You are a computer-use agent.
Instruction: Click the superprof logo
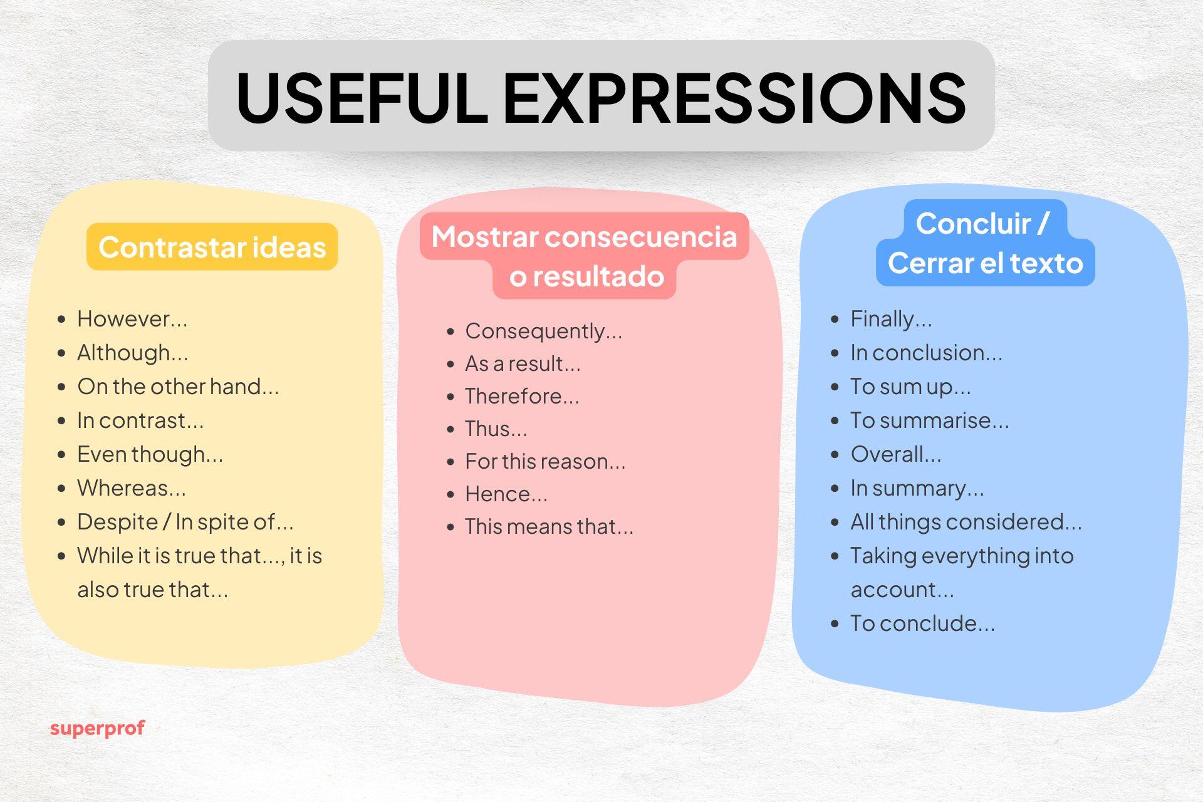(x=97, y=728)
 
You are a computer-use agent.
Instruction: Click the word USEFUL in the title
(x=361, y=98)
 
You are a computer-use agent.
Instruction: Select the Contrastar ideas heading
(x=212, y=247)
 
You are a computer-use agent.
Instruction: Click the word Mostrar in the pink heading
(x=485, y=237)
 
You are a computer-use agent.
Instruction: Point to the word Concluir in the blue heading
(x=973, y=223)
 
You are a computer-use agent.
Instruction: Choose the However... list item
(x=132, y=319)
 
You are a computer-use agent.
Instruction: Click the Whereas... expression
(x=132, y=488)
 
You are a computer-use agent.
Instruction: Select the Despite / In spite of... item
(x=185, y=522)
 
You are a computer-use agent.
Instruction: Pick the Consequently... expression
(x=543, y=331)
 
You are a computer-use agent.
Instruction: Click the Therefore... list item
(x=522, y=396)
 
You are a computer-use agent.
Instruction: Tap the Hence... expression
(x=506, y=494)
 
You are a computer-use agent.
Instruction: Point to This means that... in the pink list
(x=549, y=526)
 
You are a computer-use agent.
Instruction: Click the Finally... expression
(x=891, y=319)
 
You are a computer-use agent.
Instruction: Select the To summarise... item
(x=929, y=420)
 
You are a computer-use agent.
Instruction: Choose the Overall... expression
(x=895, y=454)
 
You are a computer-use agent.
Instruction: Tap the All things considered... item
(x=966, y=522)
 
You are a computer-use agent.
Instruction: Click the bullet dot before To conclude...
(x=835, y=623)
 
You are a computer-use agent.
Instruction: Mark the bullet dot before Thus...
(x=450, y=429)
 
